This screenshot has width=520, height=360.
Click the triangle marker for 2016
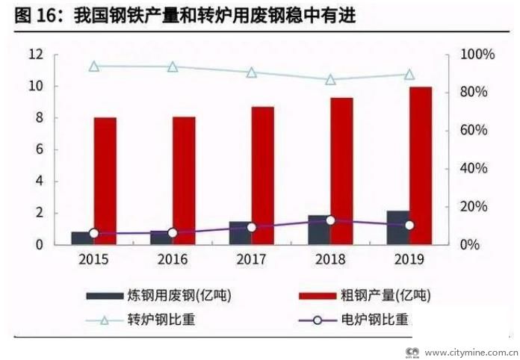(173, 66)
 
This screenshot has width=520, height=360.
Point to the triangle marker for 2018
(330, 79)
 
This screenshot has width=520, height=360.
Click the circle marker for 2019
(409, 225)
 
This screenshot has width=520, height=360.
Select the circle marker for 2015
(94, 234)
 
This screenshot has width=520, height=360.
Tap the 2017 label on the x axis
(251, 260)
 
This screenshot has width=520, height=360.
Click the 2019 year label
(409, 260)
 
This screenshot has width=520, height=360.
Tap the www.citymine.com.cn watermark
(471, 351)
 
